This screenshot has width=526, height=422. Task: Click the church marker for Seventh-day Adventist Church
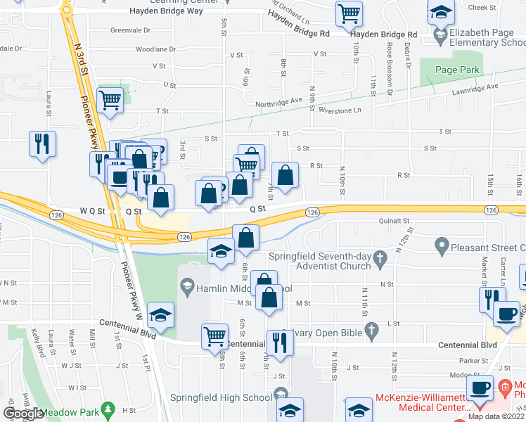(380, 258)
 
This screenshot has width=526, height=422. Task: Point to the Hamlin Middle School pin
(187, 287)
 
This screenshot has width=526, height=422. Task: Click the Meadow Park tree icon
(108, 409)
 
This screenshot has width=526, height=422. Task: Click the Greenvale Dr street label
(130, 30)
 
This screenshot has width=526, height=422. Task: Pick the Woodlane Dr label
(155, 49)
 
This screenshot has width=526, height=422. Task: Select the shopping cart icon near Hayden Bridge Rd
(349, 12)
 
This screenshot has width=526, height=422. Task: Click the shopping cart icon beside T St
(110, 99)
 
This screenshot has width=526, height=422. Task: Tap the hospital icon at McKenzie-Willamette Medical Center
(504, 386)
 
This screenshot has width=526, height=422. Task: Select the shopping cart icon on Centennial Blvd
(214, 335)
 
